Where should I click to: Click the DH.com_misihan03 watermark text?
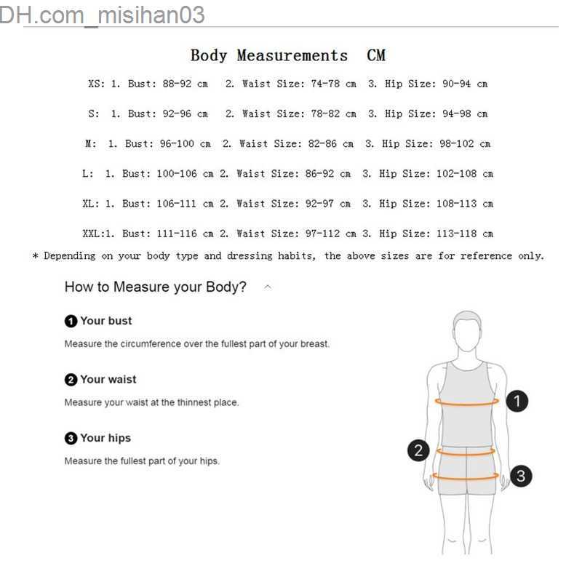click(x=102, y=15)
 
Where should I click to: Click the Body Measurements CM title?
click(x=288, y=56)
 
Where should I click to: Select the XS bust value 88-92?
click(x=177, y=84)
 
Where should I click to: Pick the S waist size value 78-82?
click(x=325, y=114)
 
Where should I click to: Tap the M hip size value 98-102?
click(x=457, y=144)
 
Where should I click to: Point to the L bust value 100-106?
click(x=177, y=174)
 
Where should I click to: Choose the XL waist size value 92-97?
click(x=319, y=204)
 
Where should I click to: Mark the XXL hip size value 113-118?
click(x=457, y=234)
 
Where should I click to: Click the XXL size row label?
click(x=92, y=234)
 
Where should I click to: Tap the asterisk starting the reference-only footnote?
click(x=36, y=256)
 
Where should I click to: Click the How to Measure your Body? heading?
click(x=155, y=287)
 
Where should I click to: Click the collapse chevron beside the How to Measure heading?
click(x=268, y=287)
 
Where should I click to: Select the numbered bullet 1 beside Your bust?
click(x=71, y=321)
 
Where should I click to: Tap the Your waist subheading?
click(x=108, y=379)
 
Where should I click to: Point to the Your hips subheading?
click(x=105, y=438)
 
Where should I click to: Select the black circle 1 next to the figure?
click(x=517, y=401)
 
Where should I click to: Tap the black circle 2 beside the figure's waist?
click(x=418, y=450)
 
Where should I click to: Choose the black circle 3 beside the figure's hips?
click(x=521, y=476)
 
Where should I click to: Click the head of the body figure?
click(x=467, y=331)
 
